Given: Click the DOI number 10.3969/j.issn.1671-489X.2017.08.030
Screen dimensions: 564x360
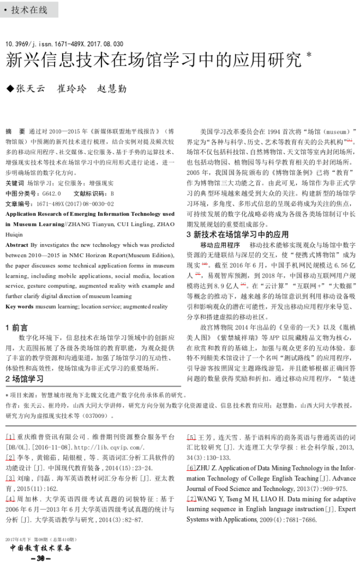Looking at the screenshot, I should (64, 44).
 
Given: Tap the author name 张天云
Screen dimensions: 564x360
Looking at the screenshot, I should (30, 88).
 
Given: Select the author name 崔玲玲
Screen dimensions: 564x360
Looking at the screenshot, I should (71, 88).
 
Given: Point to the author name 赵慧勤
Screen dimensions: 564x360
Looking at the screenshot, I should (112, 88).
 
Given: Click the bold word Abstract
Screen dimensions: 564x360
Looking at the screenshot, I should (17, 245).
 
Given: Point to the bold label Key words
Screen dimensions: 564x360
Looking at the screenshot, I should (20, 306).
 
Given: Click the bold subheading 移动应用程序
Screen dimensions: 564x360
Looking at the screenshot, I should (220, 245).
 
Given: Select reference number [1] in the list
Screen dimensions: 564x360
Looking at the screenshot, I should (10, 436).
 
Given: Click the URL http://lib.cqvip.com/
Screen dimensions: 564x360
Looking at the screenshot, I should (70, 447).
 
